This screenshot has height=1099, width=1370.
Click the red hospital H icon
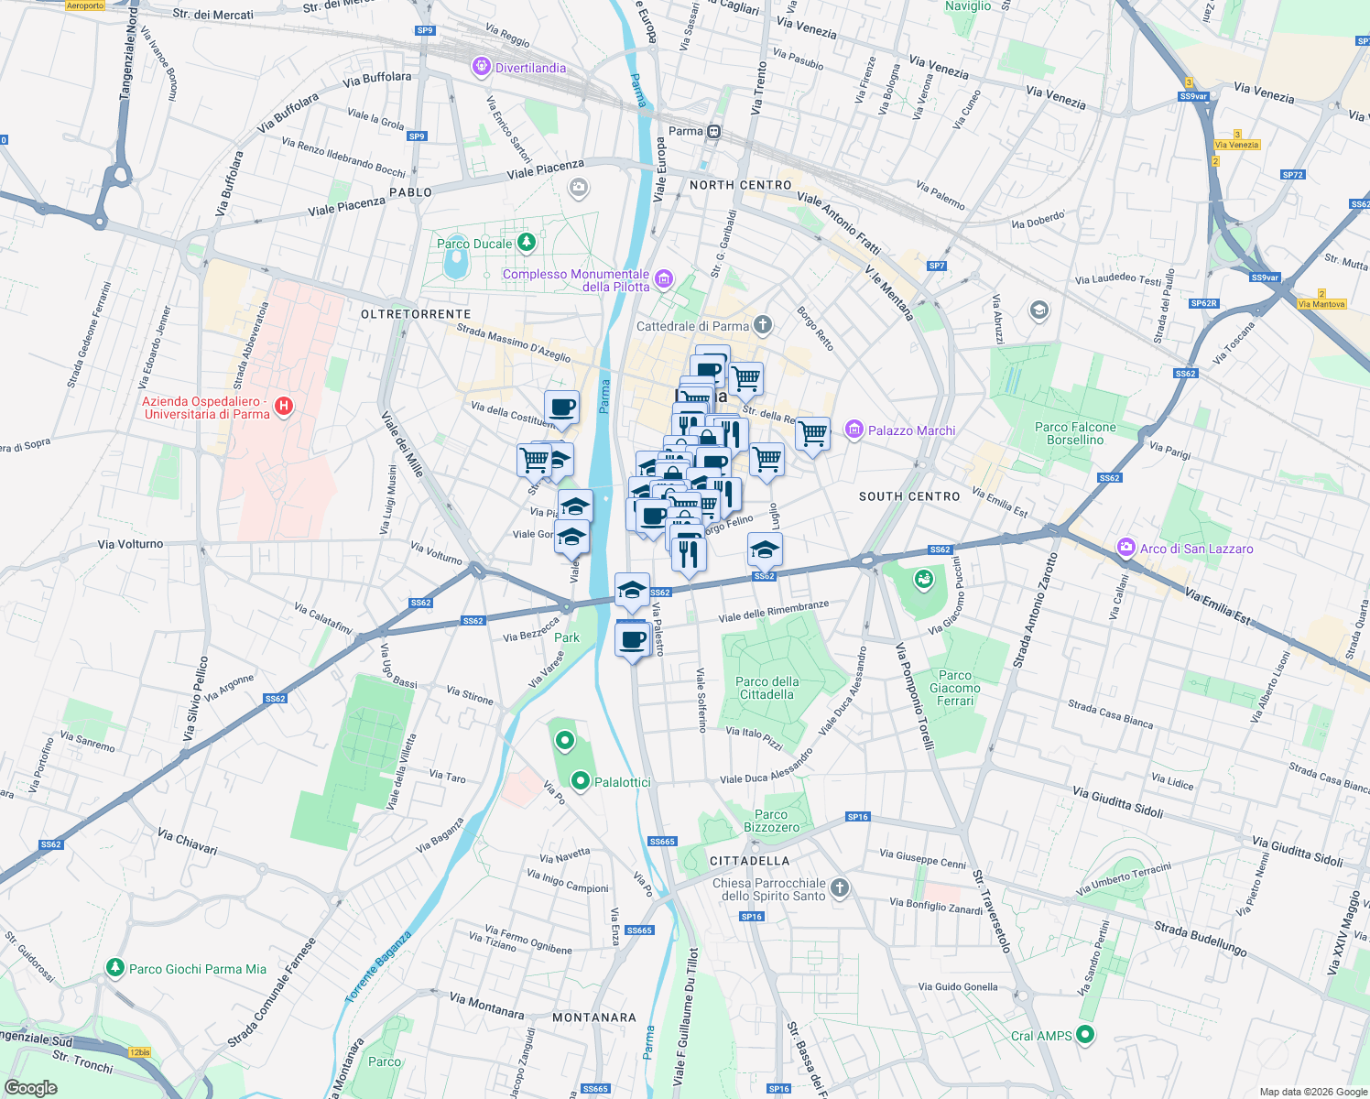(284, 406)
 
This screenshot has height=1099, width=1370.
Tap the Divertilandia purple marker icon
(482, 67)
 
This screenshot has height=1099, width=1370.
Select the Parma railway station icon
(714, 132)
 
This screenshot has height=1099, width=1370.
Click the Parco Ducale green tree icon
(526, 243)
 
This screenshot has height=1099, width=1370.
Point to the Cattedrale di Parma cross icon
(762, 325)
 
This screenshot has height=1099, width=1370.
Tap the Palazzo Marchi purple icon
(854, 430)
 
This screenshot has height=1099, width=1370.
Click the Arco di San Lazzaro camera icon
(1125, 548)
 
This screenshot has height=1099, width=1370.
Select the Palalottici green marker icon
(580, 781)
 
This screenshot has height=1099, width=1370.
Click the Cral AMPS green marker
(1085, 1035)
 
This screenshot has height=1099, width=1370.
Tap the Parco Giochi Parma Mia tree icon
(114, 968)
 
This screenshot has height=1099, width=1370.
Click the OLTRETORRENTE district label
(416, 314)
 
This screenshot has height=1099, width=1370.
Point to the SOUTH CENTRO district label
(908, 496)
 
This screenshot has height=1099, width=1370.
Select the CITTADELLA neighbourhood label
(749, 861)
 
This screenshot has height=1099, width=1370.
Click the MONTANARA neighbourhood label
(594, 1017)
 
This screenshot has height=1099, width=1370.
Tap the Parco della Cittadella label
(767, 688)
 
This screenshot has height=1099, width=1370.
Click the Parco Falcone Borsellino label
(1075, 433)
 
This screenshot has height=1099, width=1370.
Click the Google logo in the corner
(31, 1087)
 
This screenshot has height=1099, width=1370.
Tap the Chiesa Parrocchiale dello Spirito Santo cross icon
(839, 887)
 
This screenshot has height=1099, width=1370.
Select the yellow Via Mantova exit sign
(1321, 304)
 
